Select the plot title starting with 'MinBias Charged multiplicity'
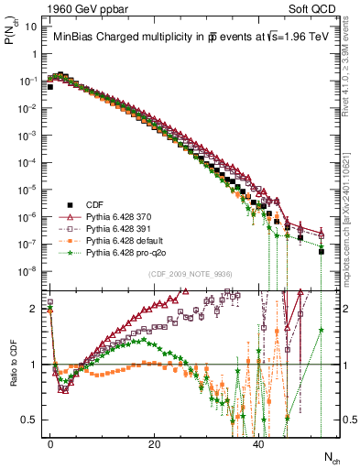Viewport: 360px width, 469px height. pyautogui.click(x=183, y=38)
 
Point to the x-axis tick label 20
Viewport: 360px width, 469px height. pyautogui.click(x=155, y=442)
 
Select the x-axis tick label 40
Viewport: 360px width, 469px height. pyautogui.click(x=259, y=442)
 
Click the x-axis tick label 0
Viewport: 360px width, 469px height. pyautogui.click(x=50, y=442)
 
